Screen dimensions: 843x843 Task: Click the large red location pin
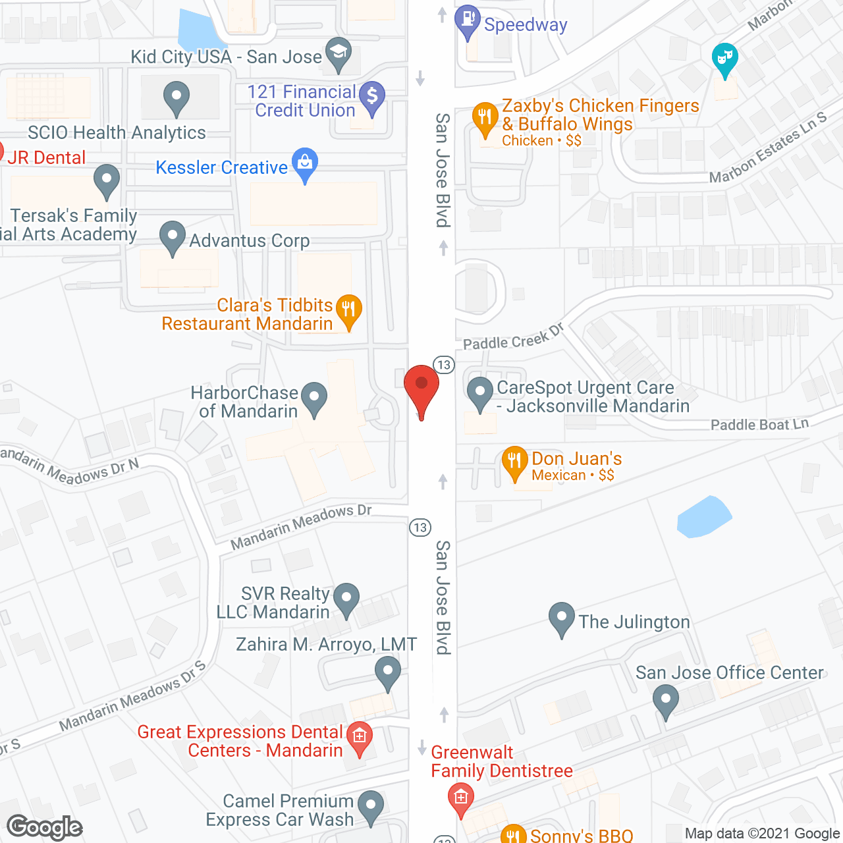click(421, 387)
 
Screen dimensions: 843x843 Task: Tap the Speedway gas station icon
click(467, 20)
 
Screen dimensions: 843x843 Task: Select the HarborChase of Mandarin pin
click(314, 398)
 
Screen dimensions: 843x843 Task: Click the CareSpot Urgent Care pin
click(480, 393)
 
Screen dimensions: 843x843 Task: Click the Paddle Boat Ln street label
click(759, 424)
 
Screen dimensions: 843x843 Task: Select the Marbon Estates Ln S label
click(767, 148)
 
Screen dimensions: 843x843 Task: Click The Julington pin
click(561, 618)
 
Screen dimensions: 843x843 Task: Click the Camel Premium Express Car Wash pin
click(371, 806)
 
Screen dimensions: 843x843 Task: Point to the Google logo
click(45, 827)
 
